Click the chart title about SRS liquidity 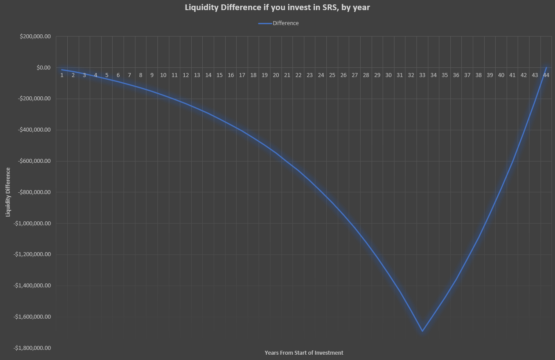click(277, 7)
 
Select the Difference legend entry click(285, 23)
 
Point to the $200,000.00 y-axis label click(35, 37)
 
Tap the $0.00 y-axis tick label click(43, 68)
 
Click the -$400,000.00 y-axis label click(35, 130)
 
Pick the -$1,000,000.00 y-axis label click(33, 223)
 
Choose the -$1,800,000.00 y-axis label click(33, 348)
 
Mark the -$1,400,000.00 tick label click(33, 286)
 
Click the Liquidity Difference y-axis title click(8, 192)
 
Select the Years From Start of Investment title click(304, 353)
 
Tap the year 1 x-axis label click(62, 75)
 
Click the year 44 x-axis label click(546, 75)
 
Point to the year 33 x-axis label click(422, 75)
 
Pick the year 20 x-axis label click(276, 75)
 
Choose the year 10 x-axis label click(163, 75)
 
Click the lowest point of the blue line click(422, 331)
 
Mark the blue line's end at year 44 click(546, 68)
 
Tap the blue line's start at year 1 click(62, 70)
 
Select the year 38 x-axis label click(478, 75)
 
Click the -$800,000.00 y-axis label click(35, 192)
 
